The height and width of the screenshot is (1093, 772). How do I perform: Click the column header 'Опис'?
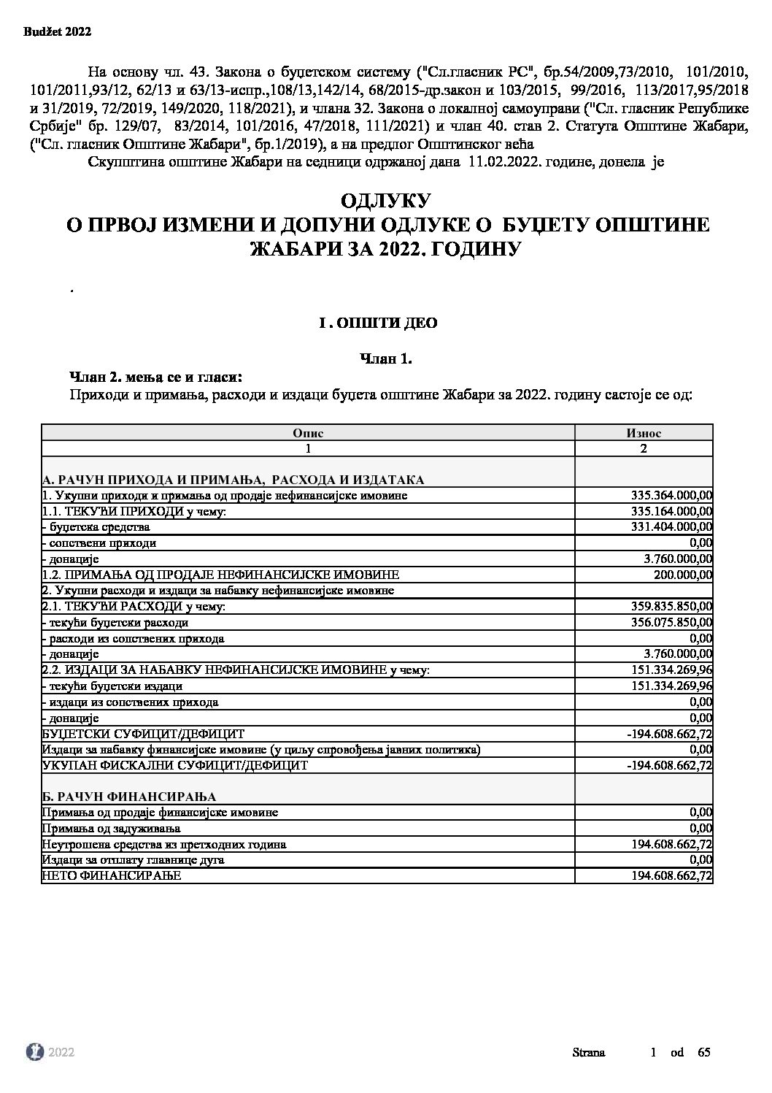pyautogui.click(x=308, y=432)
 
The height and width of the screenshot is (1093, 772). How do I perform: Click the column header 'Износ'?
pyautogui.click(x=644, y=432)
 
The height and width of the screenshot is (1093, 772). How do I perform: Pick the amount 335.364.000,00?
pyautogui.click(x=671, y=496)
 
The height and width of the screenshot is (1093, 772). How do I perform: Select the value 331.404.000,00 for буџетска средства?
pyautogui.click(x=671, y=527)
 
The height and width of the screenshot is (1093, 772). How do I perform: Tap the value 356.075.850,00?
pyautogui.click(x=671, y=623)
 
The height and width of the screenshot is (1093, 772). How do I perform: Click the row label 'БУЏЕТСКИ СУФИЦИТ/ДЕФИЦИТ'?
pyautogui.click(x=144, y=734)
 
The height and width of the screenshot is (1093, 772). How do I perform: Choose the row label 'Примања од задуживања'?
pyautogui.click(x=112, y=828)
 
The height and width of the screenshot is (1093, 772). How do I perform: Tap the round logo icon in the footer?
pyautogui.click(x=34, y=1051)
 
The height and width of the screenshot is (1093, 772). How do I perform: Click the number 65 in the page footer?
pyautogui.click(x=703, y=1052)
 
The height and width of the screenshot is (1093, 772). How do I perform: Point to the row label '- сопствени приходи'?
pyautogui.click(x=99, y=543)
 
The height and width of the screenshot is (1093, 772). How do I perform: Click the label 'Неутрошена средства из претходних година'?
pyautogui.click(x=164, y=844)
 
